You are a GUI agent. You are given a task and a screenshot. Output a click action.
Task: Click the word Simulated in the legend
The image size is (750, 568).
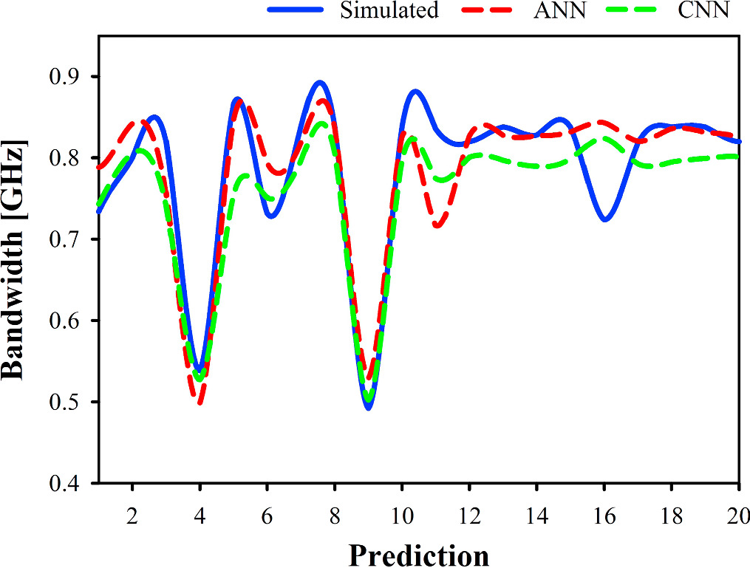(389, 10)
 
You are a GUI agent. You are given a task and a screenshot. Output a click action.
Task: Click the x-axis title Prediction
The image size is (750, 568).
(418, 554)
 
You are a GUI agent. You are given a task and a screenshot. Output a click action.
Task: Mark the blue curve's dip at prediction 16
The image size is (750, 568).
(605, 219)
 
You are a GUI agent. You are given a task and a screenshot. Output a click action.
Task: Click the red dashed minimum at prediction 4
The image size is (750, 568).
(200, 402)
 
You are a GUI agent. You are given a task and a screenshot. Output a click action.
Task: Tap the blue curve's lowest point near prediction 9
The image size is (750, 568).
(368, 407)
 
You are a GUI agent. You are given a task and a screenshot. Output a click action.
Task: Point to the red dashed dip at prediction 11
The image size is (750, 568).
(437, 226)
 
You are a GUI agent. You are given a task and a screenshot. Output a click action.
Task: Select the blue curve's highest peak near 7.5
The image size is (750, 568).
(319, 82)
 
